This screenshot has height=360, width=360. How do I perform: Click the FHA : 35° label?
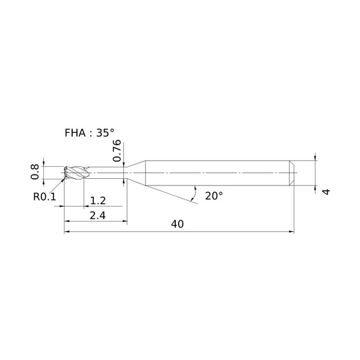coord(89,133)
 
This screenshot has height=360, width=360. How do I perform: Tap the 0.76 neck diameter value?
coord(117,151)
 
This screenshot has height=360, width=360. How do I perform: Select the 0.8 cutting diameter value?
coord(35,172)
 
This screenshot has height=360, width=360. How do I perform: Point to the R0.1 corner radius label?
coord(45,197)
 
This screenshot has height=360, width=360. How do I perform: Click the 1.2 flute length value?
coord(98,200)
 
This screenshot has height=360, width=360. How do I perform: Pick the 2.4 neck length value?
coord(98,216)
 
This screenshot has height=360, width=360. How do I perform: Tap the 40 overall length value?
coord(177,224)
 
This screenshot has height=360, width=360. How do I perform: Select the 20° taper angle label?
coord(214,196)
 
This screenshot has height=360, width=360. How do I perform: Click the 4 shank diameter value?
coord(326,191)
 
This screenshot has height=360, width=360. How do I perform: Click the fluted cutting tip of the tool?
coord(76,172)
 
